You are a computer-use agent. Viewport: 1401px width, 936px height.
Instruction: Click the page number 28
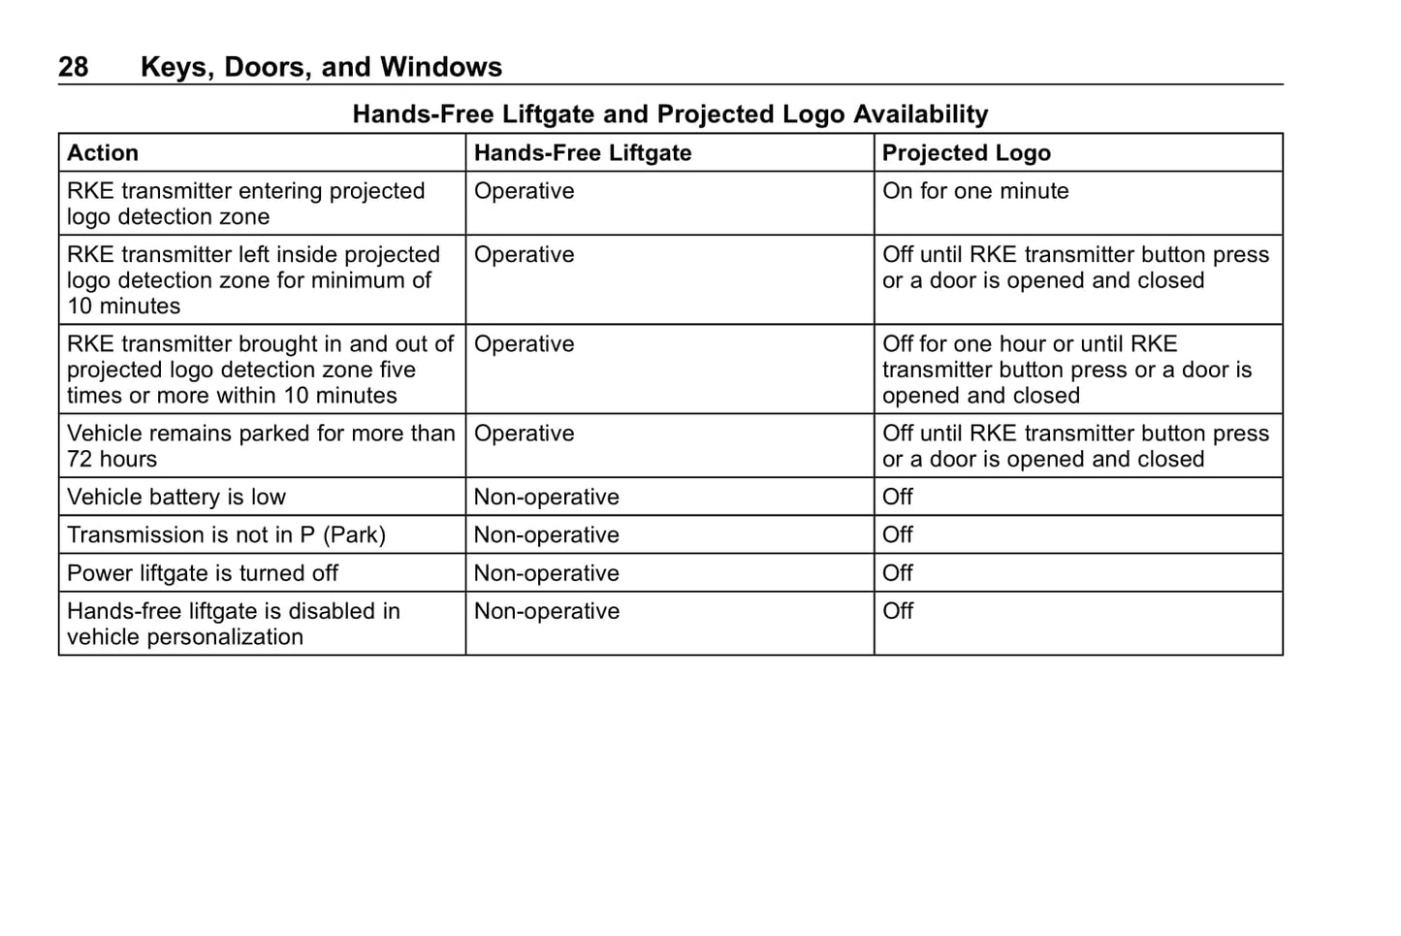73,67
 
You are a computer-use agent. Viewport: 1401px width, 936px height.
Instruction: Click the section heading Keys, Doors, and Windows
321,67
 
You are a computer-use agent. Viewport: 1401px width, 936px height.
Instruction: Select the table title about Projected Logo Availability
670,114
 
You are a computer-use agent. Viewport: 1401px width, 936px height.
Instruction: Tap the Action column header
103,153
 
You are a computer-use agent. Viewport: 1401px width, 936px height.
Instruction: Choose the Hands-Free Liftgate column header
583,153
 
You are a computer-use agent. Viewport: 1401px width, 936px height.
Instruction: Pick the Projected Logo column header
967,153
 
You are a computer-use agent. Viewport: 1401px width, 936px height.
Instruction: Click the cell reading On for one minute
975,191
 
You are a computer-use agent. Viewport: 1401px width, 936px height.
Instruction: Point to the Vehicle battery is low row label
176,498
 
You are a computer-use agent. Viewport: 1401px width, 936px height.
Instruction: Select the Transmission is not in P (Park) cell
226,535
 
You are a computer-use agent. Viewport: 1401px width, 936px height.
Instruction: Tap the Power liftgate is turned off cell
203,573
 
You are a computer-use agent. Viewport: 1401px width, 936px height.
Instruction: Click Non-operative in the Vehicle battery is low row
547,498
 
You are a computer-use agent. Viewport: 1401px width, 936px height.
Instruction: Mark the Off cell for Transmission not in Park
898,535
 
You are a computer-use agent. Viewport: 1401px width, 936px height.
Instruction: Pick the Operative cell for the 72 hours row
525,434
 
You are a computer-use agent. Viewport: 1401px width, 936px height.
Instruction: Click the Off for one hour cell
1067,370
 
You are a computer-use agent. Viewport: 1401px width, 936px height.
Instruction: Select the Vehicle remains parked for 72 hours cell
260,446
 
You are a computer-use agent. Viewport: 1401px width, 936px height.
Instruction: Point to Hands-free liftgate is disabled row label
233,624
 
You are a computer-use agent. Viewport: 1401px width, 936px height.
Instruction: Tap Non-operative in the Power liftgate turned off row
547,573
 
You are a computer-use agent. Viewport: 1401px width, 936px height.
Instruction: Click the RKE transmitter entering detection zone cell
245,204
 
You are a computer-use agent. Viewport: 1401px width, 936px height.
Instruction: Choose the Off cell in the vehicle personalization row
898,611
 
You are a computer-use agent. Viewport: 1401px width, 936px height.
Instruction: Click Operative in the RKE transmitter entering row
525,191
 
